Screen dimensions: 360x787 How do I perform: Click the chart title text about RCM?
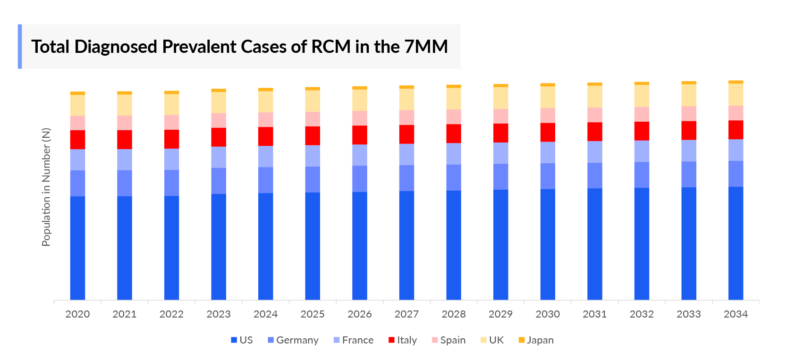pyautogui.click(x=239, y=47)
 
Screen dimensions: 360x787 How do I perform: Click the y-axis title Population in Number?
pyautogui.click(x=46, y=187)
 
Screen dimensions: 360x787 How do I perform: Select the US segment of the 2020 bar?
pyautogui.click(x=77, y=248)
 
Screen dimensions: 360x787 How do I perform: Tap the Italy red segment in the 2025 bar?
pyautogui.click(x=313, y=135)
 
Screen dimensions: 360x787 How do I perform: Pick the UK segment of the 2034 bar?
pyautogui.click(x=736, y=94)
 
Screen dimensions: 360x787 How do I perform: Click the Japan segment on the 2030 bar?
pyautogui.click(x=548, y=85)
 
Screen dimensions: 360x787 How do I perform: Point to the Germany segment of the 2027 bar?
pyautogui.click(x=406, y=178)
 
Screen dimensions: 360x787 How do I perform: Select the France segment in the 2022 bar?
pyautogui.click(x=171, y=159)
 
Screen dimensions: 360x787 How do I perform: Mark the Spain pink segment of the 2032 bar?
pyautogui.click(x=642, y=114)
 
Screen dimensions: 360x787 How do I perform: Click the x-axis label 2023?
pyautogui.click(x=219, y=314)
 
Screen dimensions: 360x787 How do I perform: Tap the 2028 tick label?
pyautogui.click(x=454, y=314)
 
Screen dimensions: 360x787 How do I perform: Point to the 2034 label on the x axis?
pyautogui.click(x=736, y=314)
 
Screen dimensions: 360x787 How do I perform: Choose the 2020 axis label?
pyautogui.click(x=77, y=314)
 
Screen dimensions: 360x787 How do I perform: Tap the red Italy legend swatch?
pyautogui.click(x=391, y=340)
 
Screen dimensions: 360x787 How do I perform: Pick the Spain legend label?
pyautogui.click(x=452, y=340)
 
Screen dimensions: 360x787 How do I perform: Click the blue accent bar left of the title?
pyautogui.click(x=20, y=47)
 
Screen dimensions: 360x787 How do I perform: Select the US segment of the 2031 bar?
pyautogui.click(x=594, y=244)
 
